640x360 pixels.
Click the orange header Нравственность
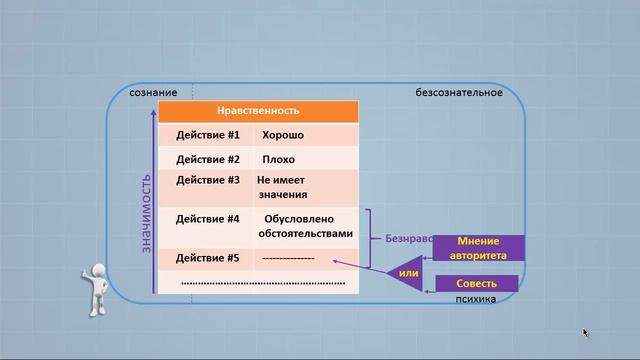pyautogui.click(x=258, y=111)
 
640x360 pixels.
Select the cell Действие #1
pyautogui.click(x=208, y=134)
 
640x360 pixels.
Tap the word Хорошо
pyautogui.click(x=283, y=134)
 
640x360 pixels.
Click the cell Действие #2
pyautogui.click(x=208, y=159)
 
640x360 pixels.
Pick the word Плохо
pyautogui.click(x=278, y=159)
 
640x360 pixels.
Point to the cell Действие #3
pyautogui.click(x=208, y=181)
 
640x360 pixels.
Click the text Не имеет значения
pyautogui.click(x=281, y=187)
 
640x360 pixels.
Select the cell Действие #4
pyautogui.click(x=208, y=219)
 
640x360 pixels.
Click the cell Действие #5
pyautogui.click(x=208, y=258)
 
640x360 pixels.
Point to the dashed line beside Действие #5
pyautogui.click(x=288, y=258)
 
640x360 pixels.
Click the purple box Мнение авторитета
pyautogui.click(x=478, y=248)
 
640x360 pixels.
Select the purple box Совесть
pyautogui.click(x=476, y=284)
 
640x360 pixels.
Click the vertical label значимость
pyautogui.click(x=146, y=212)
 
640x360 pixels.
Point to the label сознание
pyautogui.click(x=153, y=93)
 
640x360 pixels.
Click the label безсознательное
pyautogui.click(x=459, y=93)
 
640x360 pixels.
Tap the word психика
pyautogui.click(x=474, y=298)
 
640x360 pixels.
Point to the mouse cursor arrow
pyautogui.click(x=586, y=333)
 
